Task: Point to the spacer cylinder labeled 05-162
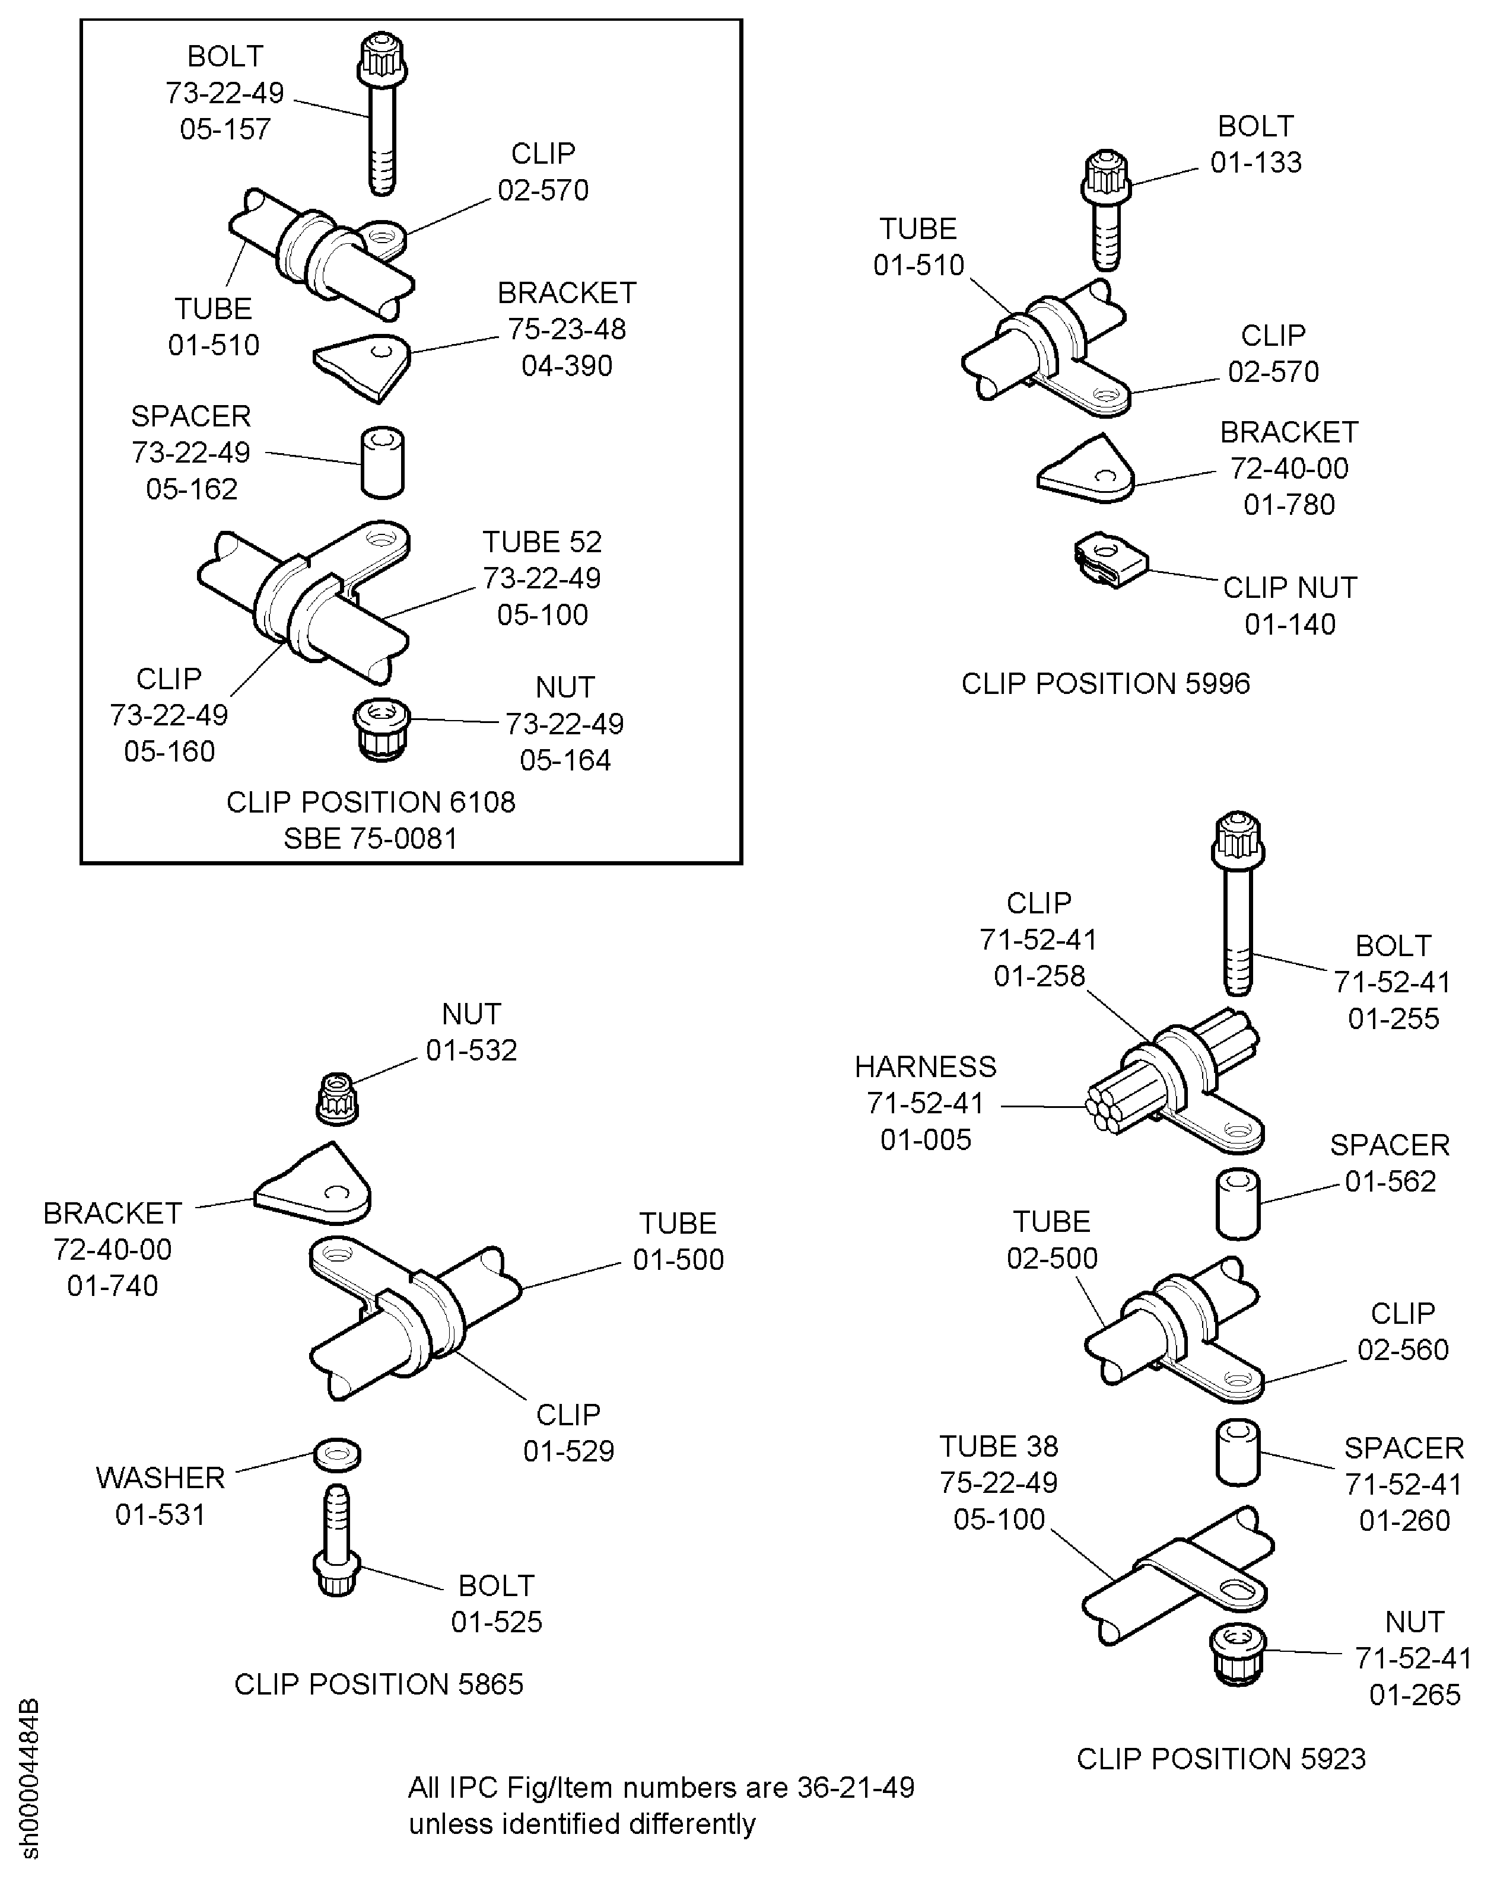[383, 462]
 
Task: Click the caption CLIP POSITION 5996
[1105, 683]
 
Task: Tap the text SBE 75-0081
[370, 839]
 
